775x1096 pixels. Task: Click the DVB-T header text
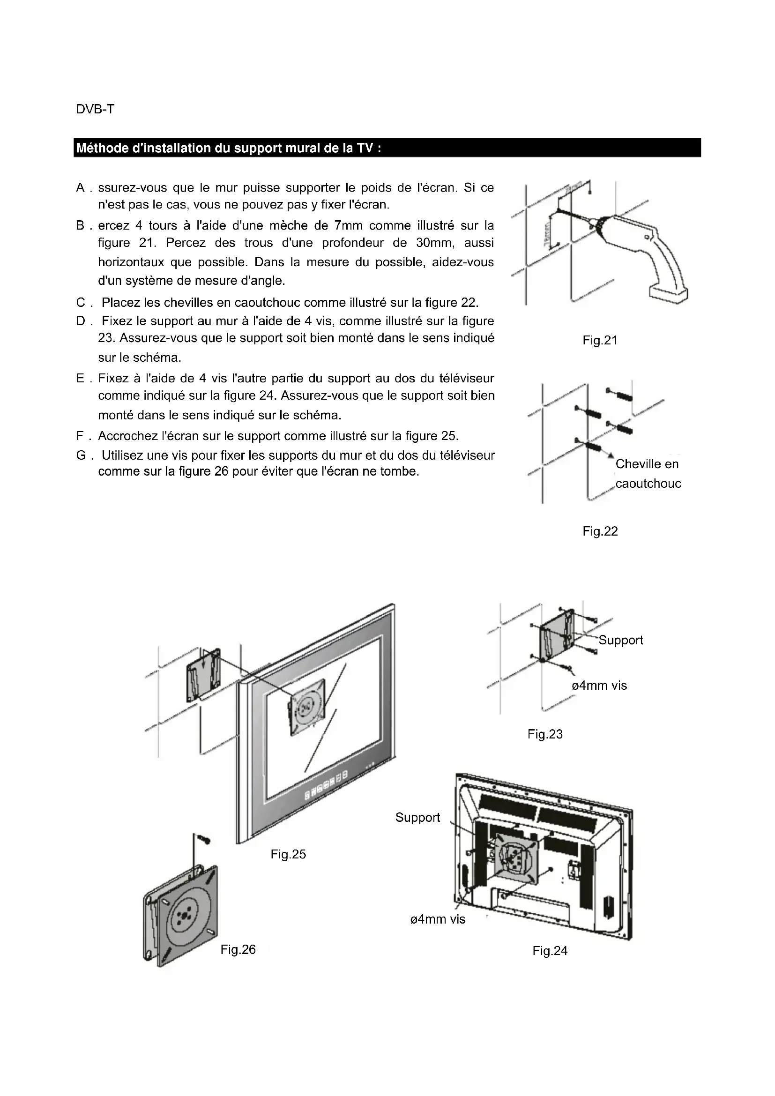pos(95,109)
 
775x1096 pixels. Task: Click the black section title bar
pos(387,148)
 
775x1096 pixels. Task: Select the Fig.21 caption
pos(600,340)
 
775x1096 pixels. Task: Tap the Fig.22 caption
pos(600,531)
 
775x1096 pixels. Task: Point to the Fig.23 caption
pos(545,734)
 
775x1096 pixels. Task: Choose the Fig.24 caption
pos(550,951)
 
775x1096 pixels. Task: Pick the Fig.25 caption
pos(288,854)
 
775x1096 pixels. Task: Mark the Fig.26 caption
pos(238,949)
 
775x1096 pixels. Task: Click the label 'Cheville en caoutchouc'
pos(648,474)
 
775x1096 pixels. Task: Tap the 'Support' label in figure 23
pos(620,640)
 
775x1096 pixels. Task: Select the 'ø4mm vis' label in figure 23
pos(599,686)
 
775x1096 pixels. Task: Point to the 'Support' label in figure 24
pos(417,817)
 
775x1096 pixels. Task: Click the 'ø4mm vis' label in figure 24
pos(438,919)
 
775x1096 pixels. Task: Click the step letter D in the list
pos(81,321)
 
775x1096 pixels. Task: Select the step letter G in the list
pos(81,455)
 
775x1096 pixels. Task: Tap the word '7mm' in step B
pos(349,225)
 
